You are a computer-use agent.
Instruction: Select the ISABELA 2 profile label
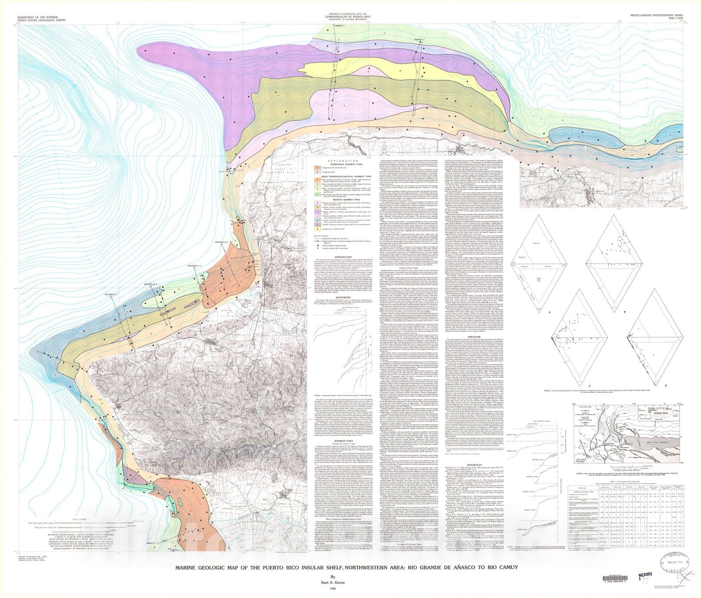419,39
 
